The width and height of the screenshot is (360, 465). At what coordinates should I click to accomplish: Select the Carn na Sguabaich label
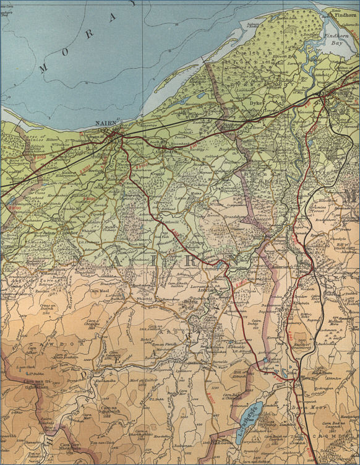coord(109,410)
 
